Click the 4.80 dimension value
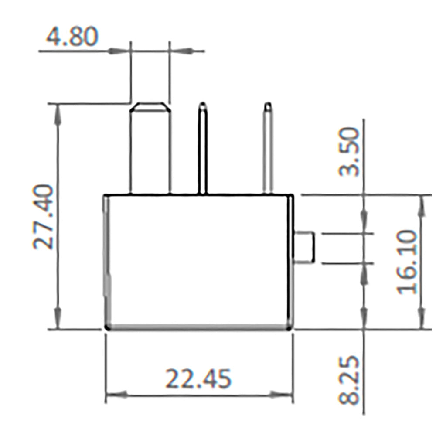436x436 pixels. (x=72, y=37)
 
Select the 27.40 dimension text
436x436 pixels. (x=44, y=217)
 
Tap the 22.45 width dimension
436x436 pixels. (x=198, y=378)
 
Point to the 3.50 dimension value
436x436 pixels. (x=350, y=152)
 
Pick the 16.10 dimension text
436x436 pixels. (x=408, y=262)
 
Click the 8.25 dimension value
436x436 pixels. (x=350, y=380)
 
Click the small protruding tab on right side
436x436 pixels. (x=304, y=248)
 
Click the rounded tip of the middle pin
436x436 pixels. (x=202, y=105)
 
